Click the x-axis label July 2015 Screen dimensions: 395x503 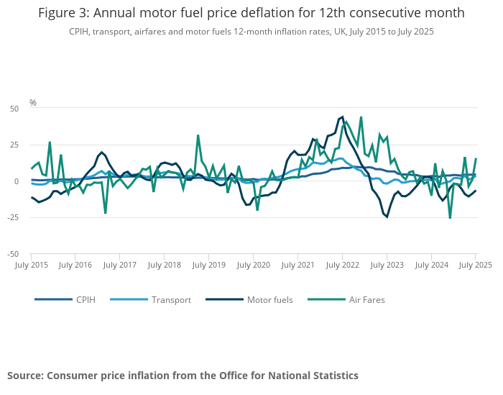(x=31, y=265)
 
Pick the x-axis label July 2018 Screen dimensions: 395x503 (x=165, y=265)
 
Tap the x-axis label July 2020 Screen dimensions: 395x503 (x=253, y=265)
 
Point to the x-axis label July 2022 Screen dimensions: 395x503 (x=342, y=265)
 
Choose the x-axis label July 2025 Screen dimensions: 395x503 (x=476, y=265)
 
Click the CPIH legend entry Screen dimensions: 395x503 (x=86, y=300)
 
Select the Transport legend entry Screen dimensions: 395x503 (x=171, y=300)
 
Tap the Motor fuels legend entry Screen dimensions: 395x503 (x=269, y=300)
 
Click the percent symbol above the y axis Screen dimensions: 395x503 (x=33, y=103)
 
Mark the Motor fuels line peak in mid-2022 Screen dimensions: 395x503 (x=343, y=117)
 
